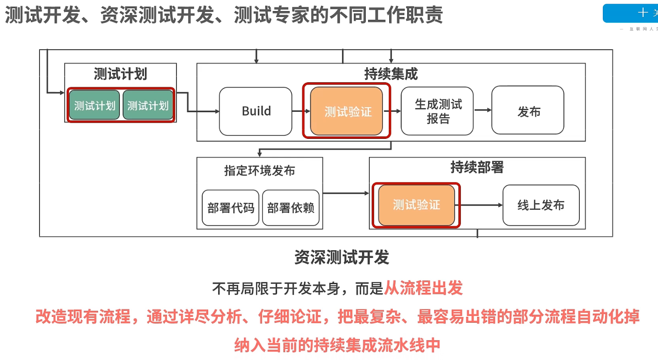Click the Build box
click(x=255, y=111)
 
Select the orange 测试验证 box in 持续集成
click(x=347, y=111)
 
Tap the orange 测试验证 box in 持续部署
click(x=416, y=205)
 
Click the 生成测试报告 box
click(x=437, y=111)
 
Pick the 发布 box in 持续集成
click(x=528, y=111)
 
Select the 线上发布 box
click(x=541, y=205)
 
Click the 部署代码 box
click(x=231, y=208)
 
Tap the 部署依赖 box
click(x=291, y=208)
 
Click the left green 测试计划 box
click(x=95, y=105)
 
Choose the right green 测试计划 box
click(x=147, y=105)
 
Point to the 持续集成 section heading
click(x=391, y=74)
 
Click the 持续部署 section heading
click(x=477, y=167)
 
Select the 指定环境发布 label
click(x=260, y=171)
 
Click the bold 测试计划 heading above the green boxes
click(x=120, y=74)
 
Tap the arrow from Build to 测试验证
click(x=301, y=111)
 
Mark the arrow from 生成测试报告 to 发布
click(x=482, y=110)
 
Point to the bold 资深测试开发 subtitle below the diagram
click(x=342, y=257)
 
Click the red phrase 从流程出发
click(x=423, y=288)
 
